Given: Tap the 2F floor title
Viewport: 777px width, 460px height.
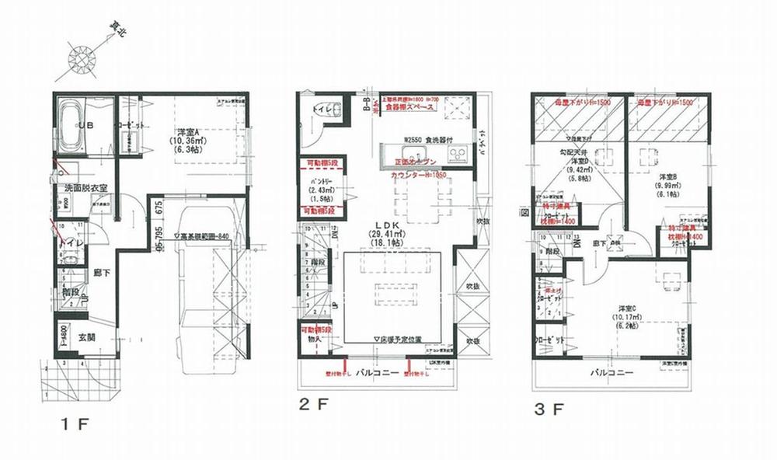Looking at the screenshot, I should click(312, 405).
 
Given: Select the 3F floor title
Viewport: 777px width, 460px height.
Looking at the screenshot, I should click(551, 406).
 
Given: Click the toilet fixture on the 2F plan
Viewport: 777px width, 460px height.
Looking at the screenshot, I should click(319, 111).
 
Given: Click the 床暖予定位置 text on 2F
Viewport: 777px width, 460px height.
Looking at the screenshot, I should click(397, 340).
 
